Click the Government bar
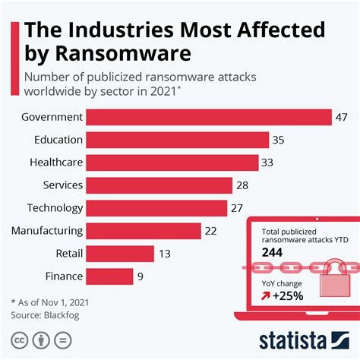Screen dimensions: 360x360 (209, 117)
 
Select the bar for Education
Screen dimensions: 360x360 (178, 140)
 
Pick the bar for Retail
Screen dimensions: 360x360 (120, 254)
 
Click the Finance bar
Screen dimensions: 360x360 (109, 276)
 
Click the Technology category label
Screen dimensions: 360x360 (55, 208)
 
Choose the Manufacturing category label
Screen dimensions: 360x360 (47, 231)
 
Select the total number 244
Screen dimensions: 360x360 (272, 251)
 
